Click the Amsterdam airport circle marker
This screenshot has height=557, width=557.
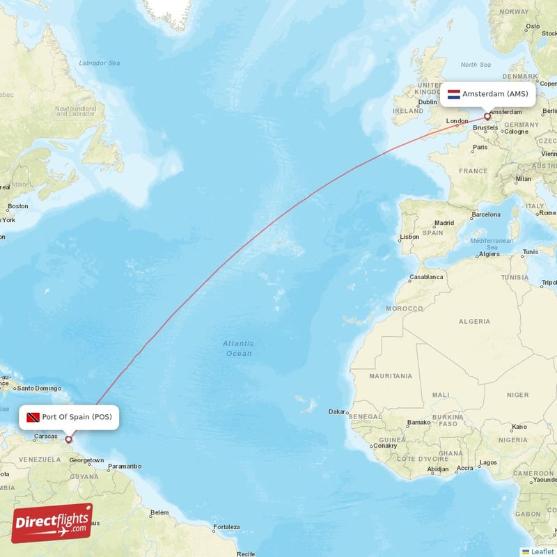coord(487,116)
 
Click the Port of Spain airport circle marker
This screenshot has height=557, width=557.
coord(68,439)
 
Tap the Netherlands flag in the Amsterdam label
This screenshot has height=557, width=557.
coord(453,94)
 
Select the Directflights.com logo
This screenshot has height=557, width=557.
coord(52,523)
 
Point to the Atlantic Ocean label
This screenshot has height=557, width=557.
coord(239,348)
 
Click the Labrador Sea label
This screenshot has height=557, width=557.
coord(100,63)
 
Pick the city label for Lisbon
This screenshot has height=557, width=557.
coord(409,237)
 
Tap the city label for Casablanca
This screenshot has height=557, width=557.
coord(426,276)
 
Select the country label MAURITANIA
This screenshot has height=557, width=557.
coord(391,376)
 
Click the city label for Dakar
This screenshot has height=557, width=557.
coord(338,411)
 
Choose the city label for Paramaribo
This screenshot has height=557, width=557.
coord(125,466)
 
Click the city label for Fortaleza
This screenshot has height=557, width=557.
coord(226,527)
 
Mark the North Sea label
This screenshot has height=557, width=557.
coord(476,64)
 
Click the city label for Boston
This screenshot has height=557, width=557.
coord(17,206)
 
